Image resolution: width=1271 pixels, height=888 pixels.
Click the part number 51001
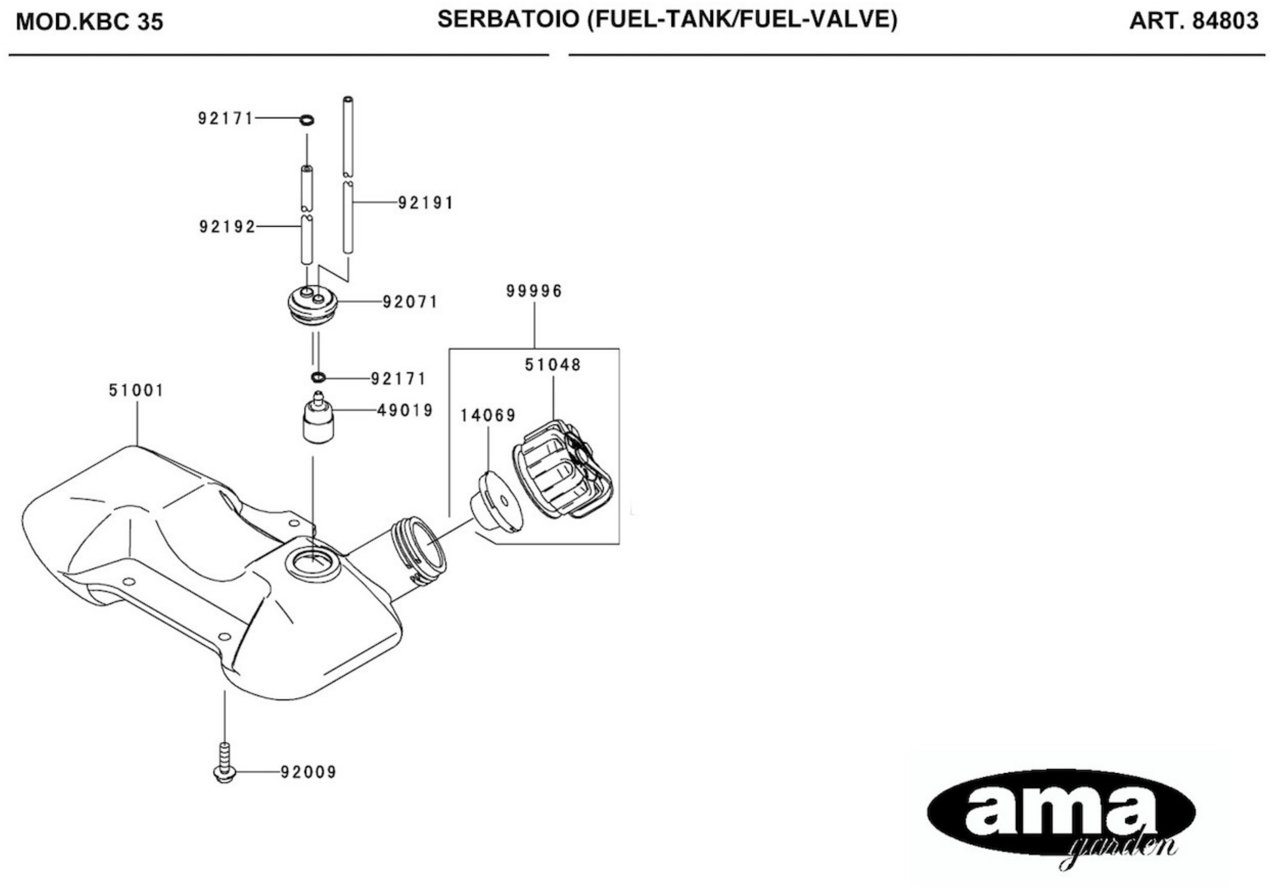click(136, 391)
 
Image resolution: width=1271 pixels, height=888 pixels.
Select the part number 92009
click(308, 772)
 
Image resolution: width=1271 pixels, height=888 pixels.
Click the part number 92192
click(227, 227)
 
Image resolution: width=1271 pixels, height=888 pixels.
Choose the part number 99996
click(534, 291)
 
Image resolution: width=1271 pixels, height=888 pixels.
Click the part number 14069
click(488, 415)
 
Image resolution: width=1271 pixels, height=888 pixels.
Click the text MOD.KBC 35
click(90, 22)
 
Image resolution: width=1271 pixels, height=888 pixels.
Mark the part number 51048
click(552, 365)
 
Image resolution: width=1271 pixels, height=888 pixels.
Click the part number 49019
click(405, 411)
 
